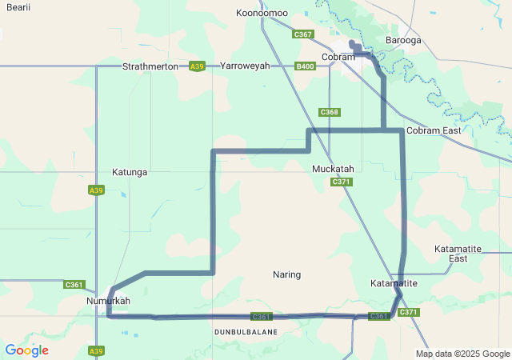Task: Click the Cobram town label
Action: tap(338, 57)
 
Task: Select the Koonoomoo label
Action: tap(262, 13)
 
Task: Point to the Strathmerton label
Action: tap(150, 66)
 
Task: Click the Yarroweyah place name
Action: tap(245, 66)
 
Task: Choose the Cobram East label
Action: tap(434, 130)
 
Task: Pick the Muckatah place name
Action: tap(333, 169)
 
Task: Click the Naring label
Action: tap(286, 274)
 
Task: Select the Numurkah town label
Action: tap(108, 301)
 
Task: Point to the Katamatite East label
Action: tap(458, 254)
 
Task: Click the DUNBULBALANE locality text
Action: tap(246, 331)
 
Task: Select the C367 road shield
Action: tap(303, 34)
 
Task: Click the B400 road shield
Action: tap(305, 66)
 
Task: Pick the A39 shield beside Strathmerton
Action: tap(196, 66)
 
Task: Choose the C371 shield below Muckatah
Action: tap(342, 182)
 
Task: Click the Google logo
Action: tap(26, 350)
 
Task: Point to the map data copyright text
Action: tap(462, 354)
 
